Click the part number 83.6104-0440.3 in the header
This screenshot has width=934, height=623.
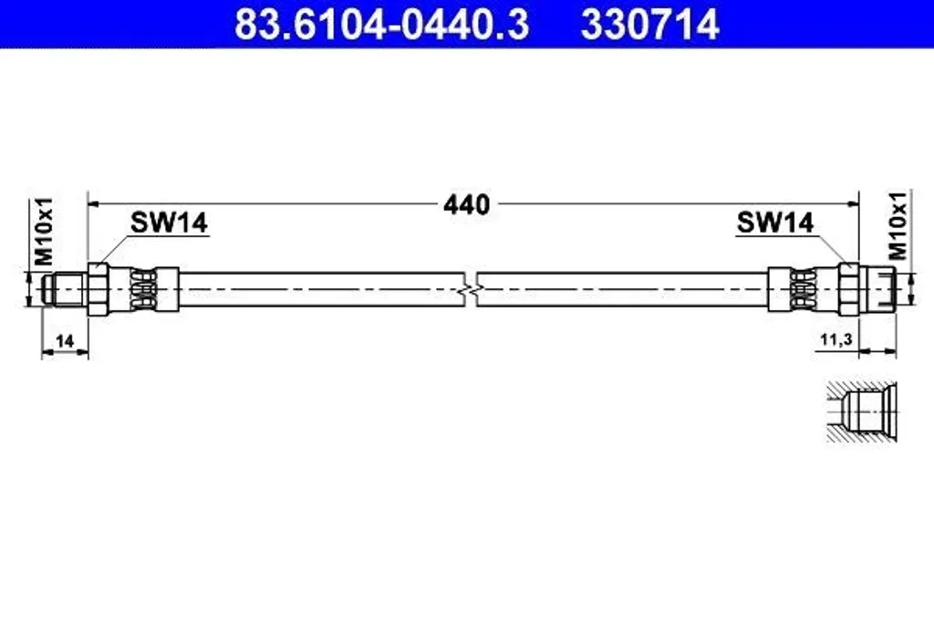[x=382, y=25]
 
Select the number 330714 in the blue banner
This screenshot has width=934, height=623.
[x=649, y=25]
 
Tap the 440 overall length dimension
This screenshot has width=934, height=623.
[x=466, y=204]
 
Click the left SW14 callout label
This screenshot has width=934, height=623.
[x=169, y=223]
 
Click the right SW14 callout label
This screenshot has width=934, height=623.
[x=775, y=223]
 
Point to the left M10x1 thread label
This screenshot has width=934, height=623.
[x=45, y=232]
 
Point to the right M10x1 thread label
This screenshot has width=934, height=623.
[x=898, y=225]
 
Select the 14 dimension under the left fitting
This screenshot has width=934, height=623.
[x=65, y=340]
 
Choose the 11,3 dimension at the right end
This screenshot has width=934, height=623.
[x=836, y=340]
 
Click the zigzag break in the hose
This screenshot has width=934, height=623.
[x=471, y=289]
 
